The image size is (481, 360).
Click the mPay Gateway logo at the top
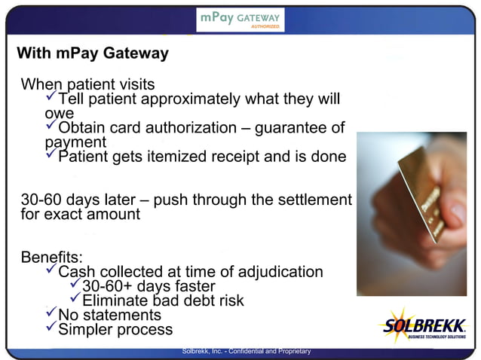240,19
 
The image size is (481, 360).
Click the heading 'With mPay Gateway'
93,54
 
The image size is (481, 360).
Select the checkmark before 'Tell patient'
51,99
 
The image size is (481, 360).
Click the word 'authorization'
195,128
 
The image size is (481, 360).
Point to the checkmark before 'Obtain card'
51,127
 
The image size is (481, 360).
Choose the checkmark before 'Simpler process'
51,329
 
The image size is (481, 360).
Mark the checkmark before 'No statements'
51,315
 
